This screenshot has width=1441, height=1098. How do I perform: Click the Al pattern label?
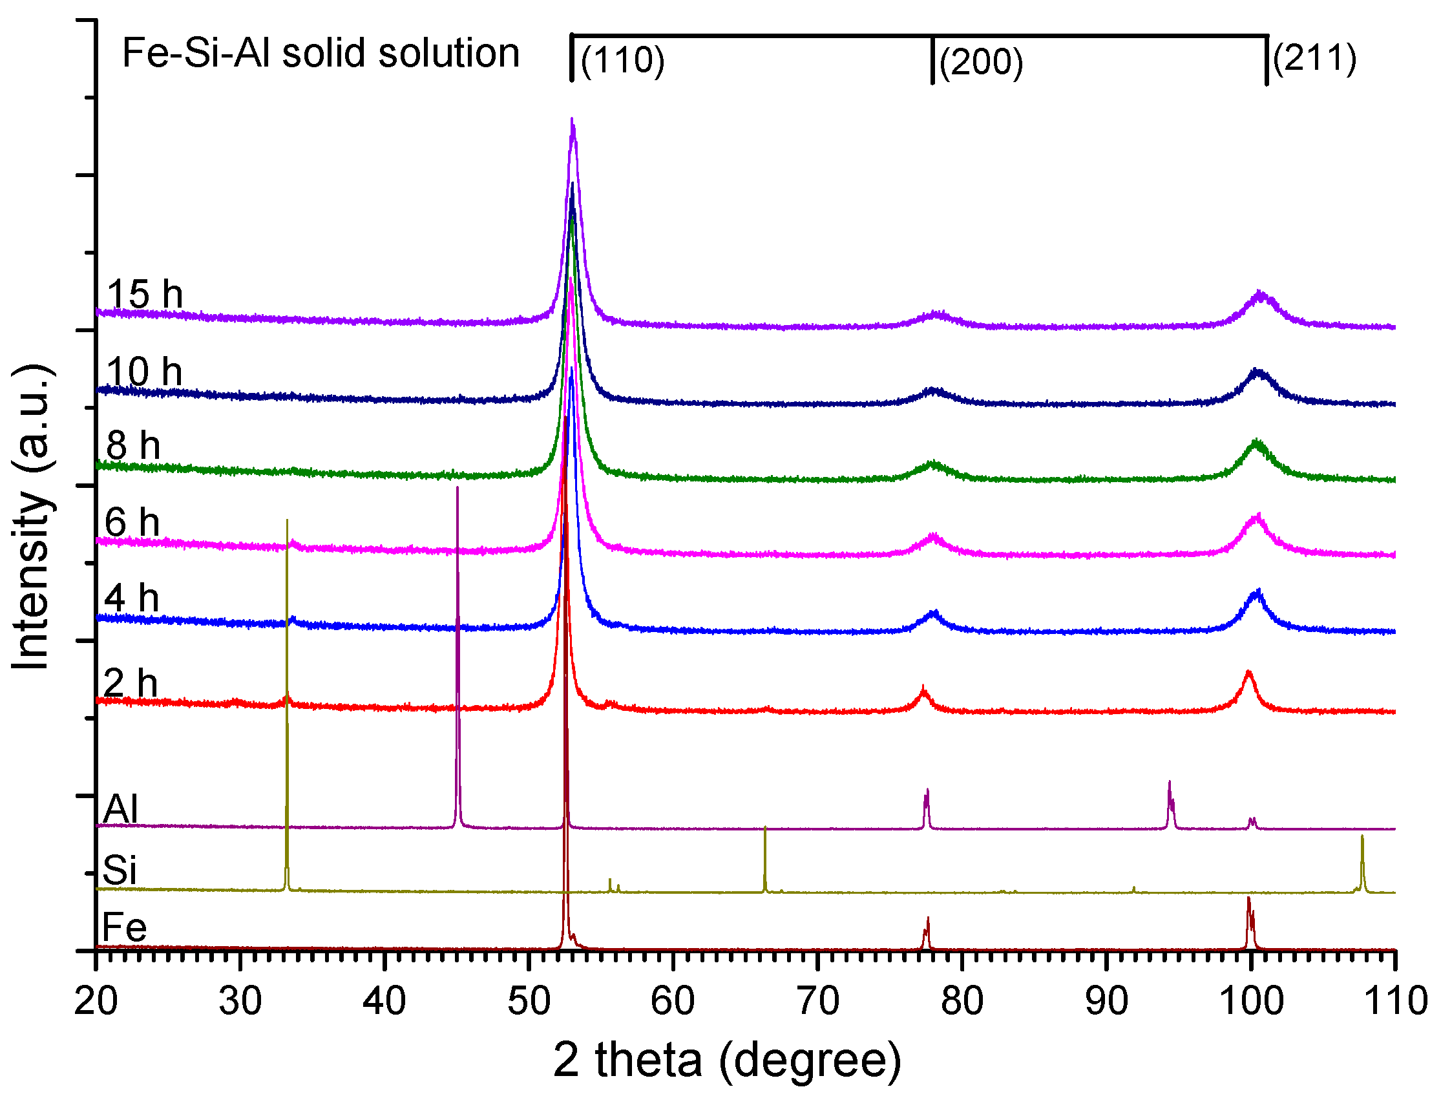[121, 808]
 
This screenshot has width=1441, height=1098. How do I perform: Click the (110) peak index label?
[622, 61]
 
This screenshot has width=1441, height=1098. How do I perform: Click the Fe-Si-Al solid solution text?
[321, 53]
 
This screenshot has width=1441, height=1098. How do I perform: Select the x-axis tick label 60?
[673, 1001]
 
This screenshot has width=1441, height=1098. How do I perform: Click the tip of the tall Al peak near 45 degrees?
[457, 488]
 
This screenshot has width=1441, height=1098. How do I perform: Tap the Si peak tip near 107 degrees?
[1362, 836]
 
